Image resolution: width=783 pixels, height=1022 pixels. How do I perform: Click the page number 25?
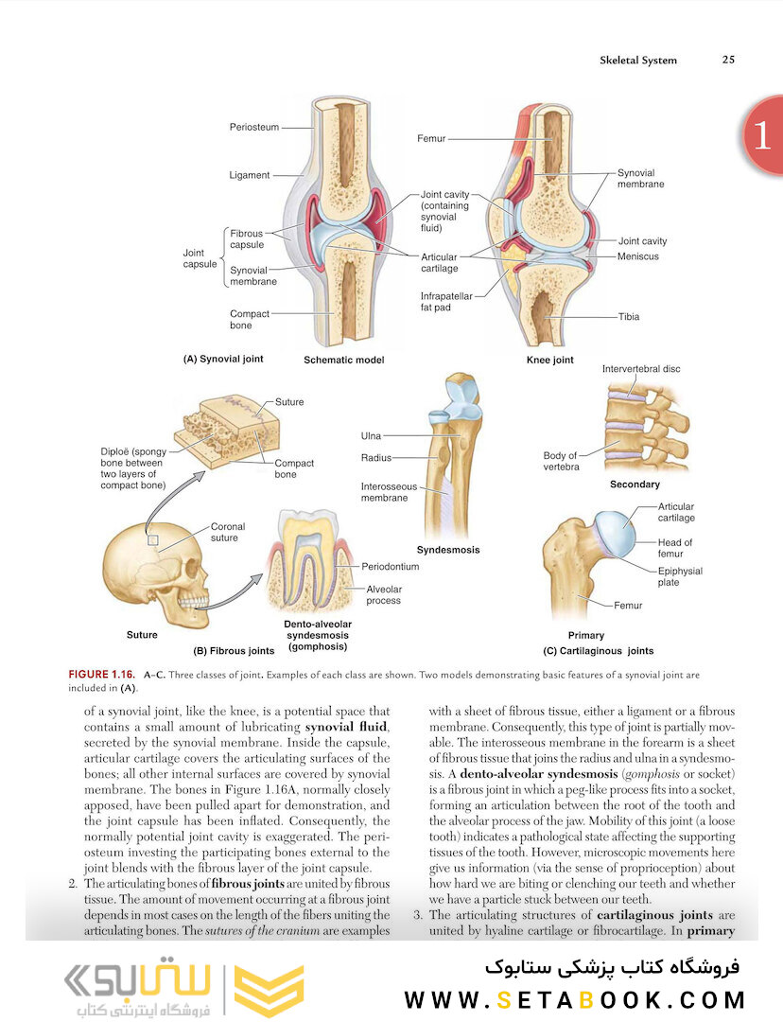[x=728, y=60]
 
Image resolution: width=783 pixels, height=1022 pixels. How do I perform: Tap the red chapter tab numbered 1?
[x=763, y=135]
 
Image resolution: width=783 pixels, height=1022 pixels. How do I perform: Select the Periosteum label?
[x=254, y=127]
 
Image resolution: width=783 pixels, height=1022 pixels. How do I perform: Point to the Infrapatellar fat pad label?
[x=446, y=301]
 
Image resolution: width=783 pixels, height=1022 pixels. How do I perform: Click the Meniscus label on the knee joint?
[x=637, y=256]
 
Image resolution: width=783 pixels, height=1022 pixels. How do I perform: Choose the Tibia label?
[x=629, y=317]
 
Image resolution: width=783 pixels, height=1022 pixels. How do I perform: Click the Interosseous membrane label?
[x=389, y=492]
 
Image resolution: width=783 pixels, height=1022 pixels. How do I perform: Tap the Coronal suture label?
[x=228, y=532]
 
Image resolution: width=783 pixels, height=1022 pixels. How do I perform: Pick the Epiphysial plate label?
[x=680, y=576]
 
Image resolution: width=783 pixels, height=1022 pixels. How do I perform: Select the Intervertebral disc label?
[x=641, y=369]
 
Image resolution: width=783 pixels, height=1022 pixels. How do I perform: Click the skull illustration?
[x=155, y=574]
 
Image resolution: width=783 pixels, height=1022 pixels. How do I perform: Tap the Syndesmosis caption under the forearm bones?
[x=448, y=550]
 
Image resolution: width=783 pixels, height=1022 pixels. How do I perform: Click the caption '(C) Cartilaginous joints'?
[x=598, y=650]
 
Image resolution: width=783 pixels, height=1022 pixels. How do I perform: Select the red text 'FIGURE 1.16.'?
[x=101, y=675]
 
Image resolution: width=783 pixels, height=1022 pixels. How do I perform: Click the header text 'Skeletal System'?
[x=638, y=60]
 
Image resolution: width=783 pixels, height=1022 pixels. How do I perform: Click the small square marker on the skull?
[x=153, y=539]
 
